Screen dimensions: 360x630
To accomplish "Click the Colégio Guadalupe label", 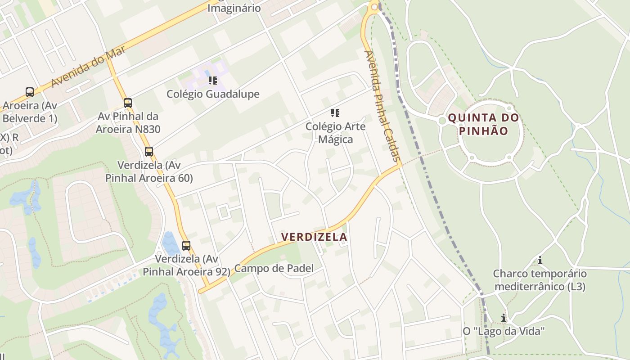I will (x=213, y=94).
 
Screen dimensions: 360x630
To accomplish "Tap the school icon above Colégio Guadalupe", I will (x=213, y=81).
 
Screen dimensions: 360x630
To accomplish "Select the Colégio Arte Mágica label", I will (x=335, y=133).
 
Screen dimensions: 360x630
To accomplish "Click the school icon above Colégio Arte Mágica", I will (x=335, y=112).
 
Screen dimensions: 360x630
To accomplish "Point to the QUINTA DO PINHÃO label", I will (x=484, y=125).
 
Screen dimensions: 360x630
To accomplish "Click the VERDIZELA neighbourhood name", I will (x=314, y=237).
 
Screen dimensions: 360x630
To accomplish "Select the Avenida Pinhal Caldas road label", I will (x=382, y=106).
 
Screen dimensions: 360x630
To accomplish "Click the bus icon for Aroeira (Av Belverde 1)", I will (x=30, y=92).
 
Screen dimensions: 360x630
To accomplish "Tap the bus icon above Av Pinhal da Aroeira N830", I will (x=128, y=103).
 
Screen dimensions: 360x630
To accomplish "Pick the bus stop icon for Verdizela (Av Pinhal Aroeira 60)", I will (x=149, y=152).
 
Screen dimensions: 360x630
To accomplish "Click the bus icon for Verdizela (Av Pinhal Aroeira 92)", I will (x=186, y=246).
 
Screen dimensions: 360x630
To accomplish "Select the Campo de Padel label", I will (x=274, y=269).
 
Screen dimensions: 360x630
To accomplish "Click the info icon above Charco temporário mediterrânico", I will (x=540, y=260).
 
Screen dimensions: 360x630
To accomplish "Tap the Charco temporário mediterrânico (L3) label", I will (x=540, y=280).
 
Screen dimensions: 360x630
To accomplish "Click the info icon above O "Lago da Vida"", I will (x=504, y=318).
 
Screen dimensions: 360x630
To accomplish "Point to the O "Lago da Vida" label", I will (x=504, y=331).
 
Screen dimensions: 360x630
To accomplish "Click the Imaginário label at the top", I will (x=234, y=8).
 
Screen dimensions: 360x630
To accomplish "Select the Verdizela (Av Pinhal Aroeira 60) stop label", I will (x=149, y=171).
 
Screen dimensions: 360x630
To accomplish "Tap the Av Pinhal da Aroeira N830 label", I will (x=128, y=123).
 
